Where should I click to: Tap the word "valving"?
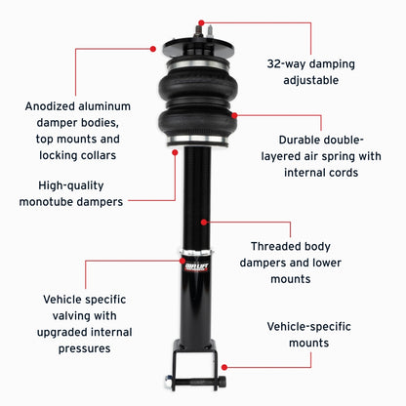pos(59,316)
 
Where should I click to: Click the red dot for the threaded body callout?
pos(204,222)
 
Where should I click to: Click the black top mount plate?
pos(195,47)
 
